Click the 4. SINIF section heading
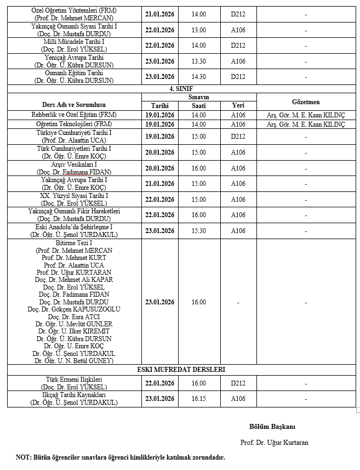pyautogui.click(x=180, y=88)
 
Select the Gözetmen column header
pyautogui.click(x=306, y=101)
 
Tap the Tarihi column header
pyautogui.click(x=160, y=106)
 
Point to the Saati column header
pyautogui.click(x=199, y=106)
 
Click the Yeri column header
pyautogui.click(x=238, y=106)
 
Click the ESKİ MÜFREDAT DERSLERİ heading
pyautogui.click(x=181, y=370)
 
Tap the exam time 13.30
pyautogui.click(x=199, y=61)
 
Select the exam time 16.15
pyautogui.click(x=199, y=399)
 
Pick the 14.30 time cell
pyautogui.click(x=199, y=77)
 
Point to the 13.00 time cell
pyautogui.click(x=199, y=30)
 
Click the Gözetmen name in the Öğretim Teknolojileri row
pyautogui.click(x=306, y=124)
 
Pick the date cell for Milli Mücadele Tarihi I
pyautogui.click(x=160, y=46)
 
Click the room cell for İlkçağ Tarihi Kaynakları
pyautogui.click(x=238, y=399)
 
